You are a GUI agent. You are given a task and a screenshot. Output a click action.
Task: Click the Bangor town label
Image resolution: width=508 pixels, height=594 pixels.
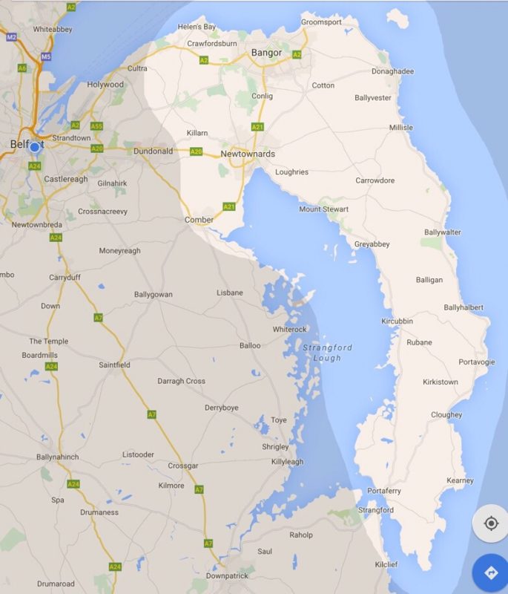(266, 53)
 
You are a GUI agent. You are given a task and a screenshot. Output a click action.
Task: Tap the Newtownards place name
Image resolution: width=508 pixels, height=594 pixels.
(248, 154)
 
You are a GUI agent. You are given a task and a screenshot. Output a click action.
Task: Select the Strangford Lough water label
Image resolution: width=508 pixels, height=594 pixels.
(327, 353)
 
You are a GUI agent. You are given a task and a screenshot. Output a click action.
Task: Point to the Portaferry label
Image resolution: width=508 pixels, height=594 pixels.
(384, 492)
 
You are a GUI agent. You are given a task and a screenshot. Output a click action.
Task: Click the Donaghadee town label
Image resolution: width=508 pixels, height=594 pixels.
(392, 72)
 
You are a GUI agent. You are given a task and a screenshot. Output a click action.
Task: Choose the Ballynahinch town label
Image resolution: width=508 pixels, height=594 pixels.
(58, 457)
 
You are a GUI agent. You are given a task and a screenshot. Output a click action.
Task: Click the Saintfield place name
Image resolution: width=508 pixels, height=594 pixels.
(114, 365)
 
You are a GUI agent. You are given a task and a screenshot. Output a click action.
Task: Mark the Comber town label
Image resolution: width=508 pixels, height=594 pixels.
(199, 220)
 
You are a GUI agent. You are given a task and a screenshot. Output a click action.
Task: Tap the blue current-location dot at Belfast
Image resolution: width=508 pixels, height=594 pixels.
(34, 147)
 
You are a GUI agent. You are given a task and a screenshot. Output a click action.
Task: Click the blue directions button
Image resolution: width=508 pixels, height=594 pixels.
(490, 572)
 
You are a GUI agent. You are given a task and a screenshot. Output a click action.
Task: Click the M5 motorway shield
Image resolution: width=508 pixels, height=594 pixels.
(46, 56)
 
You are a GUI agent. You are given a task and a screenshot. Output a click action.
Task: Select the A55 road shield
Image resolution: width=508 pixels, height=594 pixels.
(96, 126)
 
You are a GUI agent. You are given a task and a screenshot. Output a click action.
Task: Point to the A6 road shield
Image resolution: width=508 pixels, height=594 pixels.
(22, 68)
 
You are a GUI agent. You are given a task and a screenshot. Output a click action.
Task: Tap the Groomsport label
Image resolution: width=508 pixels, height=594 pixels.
(322, 23)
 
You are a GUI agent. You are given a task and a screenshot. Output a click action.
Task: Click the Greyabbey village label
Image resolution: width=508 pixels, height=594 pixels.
(372, 244)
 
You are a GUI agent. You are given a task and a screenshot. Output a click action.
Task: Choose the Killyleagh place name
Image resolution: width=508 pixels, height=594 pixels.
(288, 462)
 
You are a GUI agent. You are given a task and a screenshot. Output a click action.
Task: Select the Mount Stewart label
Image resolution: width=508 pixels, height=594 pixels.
(323, 209)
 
